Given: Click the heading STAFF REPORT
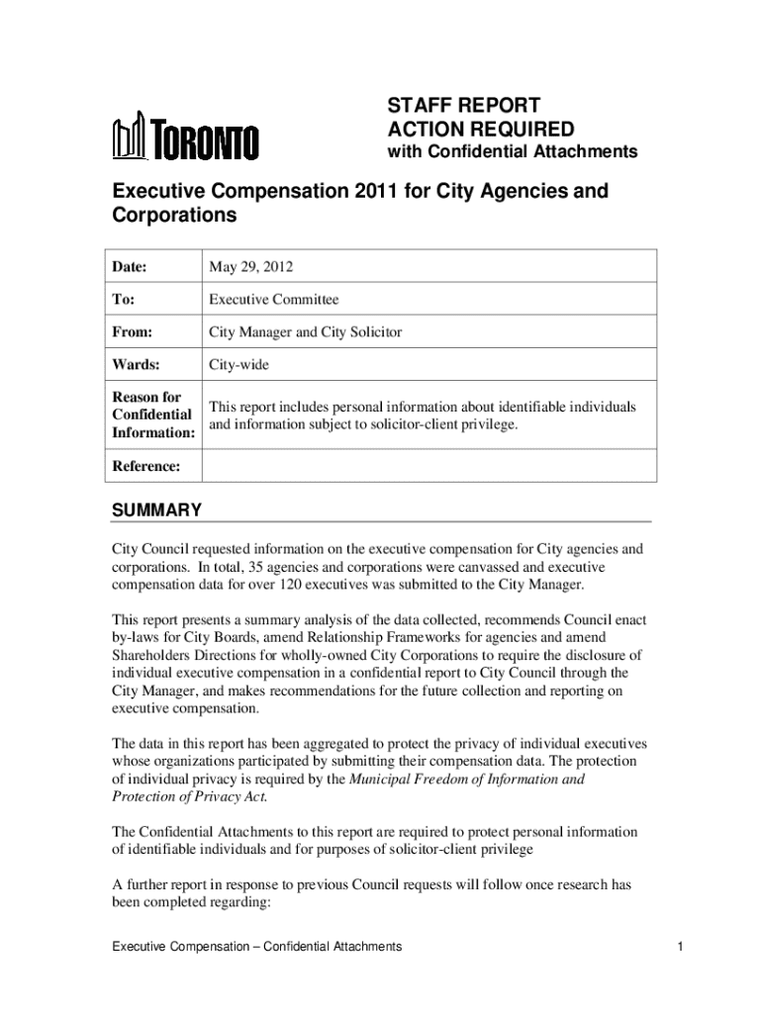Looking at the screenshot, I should [x=463, y=106].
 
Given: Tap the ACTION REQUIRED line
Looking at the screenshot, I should [x=480, y=130].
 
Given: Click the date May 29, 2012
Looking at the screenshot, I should [x=250, y=267].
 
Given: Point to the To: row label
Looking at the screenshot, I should [x=124, y=300].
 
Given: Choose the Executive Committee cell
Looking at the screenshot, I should [x=273, y=300].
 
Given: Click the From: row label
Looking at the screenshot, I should [x=132, y=332].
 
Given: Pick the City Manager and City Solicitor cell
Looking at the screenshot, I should [x=305, y=332].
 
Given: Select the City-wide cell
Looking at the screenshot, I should [x=238, y=365].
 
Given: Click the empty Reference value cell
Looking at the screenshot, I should [x=429, y=466].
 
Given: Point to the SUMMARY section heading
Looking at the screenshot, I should [x=156, y=510].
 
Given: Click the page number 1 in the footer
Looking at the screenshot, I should [x=682, y=947].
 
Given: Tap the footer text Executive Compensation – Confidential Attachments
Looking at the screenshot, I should [x=256, y=947].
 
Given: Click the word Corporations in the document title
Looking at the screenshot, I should [x=173, y=215].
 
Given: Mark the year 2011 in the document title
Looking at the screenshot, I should [x=366, y=190].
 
